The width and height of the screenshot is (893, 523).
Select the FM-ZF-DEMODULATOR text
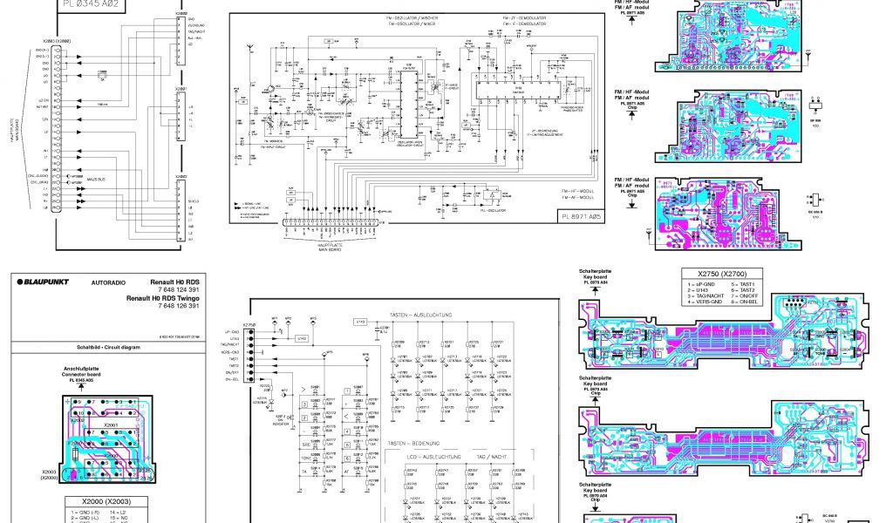point(524,17)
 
